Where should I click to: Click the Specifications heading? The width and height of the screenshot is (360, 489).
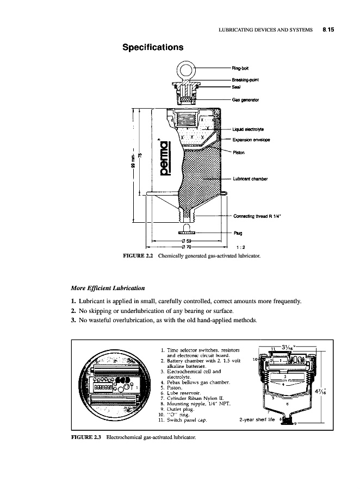coord(152,47)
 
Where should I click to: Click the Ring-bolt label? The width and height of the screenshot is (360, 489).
coord(240,68)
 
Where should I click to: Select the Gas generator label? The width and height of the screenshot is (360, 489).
coord(245,100)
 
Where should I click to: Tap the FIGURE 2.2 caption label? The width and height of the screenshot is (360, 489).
coord(136,254)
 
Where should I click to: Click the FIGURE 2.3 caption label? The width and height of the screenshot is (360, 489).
coord(87,437)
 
